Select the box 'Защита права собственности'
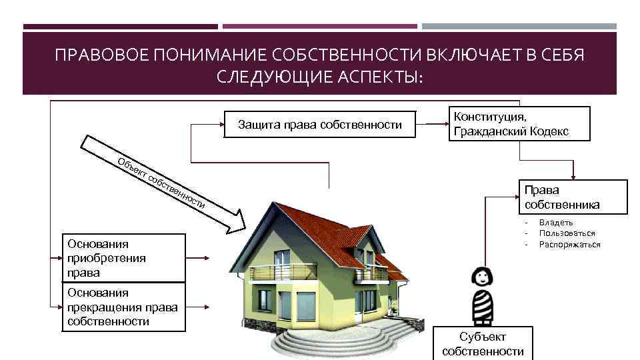pyautogui.click(x=320, y=125)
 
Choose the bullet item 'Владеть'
pyautogui.click(x=556, y=222)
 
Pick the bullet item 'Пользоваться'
pyautogui.click(x=567, y=233)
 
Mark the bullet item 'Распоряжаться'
pyautogui.click(x=569, y=244)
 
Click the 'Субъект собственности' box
pyautogui.click(x=483, y=343)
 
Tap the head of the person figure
pyautogui.click(x=481, y=276)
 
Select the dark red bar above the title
pyautogui.click(x=120, y=27)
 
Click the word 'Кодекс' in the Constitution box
pyautogui.click(x=548, y=131)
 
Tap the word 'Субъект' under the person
pyautogui.click(x=483, y=337)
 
